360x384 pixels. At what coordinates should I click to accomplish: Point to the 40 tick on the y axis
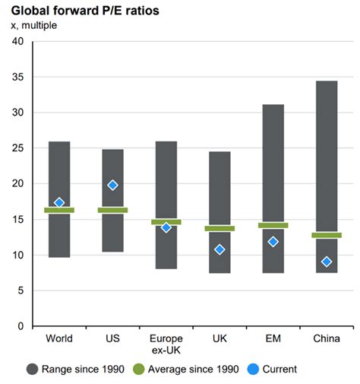pyautogui.click(x=17, y=41)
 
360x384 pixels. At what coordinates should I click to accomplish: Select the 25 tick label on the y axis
pyautogui.click(x=17, y=148)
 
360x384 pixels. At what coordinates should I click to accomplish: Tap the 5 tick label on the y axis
pyautogui.click(x=21, y=290)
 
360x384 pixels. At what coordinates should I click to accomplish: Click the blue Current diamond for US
pyautogui.click(x=112, y=185)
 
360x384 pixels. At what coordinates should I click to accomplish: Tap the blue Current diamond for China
pyautogui.click(x=326, y=262)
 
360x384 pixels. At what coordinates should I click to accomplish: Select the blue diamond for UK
pyautogui.click(x=219, y=249)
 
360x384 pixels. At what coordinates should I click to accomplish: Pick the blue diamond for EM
pyautogui.click(x=273, y=242)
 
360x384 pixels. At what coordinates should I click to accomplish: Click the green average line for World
pyautogui.click(x=59, y=210)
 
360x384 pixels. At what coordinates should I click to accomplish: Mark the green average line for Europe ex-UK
pyautogui.click(x=166, y=222)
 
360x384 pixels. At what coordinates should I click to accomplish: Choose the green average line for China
pyautogui.click(x=326, y=235)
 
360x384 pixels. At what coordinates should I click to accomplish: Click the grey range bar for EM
pyautogui.click(x=273, y=167)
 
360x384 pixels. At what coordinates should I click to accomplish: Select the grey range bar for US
pyautogui.click(x=112, y=228)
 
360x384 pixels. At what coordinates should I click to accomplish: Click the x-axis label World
pyautogui.click(x=59, y=338)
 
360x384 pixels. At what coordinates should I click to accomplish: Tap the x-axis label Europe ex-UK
pyautogui.click(x=166, y=344)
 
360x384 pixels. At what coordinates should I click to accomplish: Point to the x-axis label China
pyautogui.click(x=326, y=338)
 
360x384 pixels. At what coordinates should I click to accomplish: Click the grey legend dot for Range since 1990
pyautogui.click(x=33, y=369)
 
